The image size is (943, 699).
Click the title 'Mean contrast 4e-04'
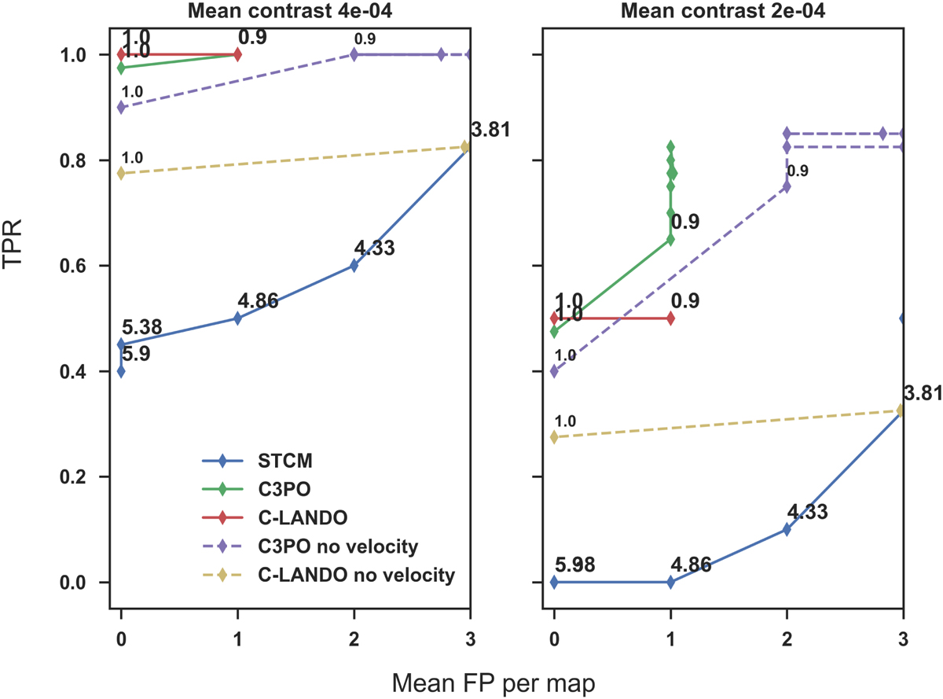point(295,11)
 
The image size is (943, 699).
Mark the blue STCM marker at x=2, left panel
point(354,266)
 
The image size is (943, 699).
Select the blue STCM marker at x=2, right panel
point(787,529)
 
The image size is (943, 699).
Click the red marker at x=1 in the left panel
point(237,54)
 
